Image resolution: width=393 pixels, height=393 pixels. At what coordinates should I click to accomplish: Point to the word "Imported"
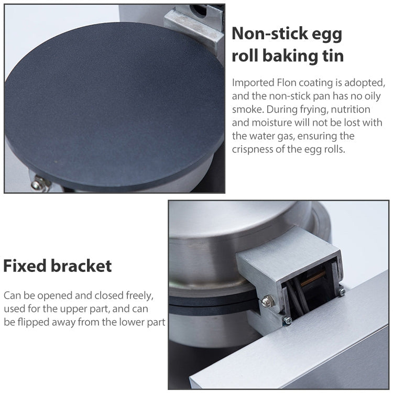coord(252,83)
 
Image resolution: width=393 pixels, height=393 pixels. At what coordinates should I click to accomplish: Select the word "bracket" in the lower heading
coord(81,266)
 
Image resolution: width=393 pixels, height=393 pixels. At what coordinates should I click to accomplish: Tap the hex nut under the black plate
coord(38,184)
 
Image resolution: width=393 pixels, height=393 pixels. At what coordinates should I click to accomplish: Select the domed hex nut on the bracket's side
coord(267,301)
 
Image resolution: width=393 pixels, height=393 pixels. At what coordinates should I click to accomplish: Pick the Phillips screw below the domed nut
coord(287,320)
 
